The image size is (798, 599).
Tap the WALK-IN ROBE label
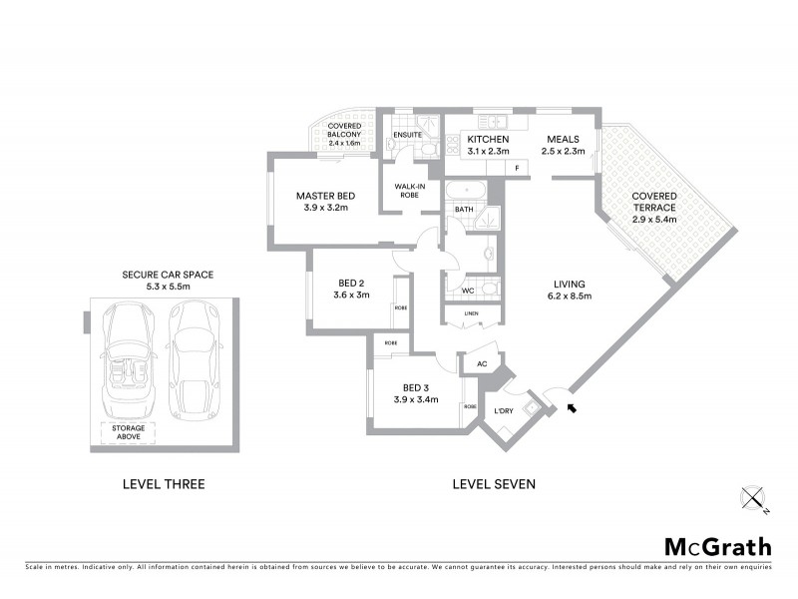tap(410, 190)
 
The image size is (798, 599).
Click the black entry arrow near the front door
tap(572, 406)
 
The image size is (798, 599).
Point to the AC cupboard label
tap(481, 365)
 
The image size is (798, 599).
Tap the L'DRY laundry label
tap(504, 410)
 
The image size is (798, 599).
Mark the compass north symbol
tap(753, 498)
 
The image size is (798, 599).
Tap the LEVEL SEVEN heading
tap(494, 484)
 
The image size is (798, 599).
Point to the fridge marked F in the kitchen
tap(518, 168)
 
